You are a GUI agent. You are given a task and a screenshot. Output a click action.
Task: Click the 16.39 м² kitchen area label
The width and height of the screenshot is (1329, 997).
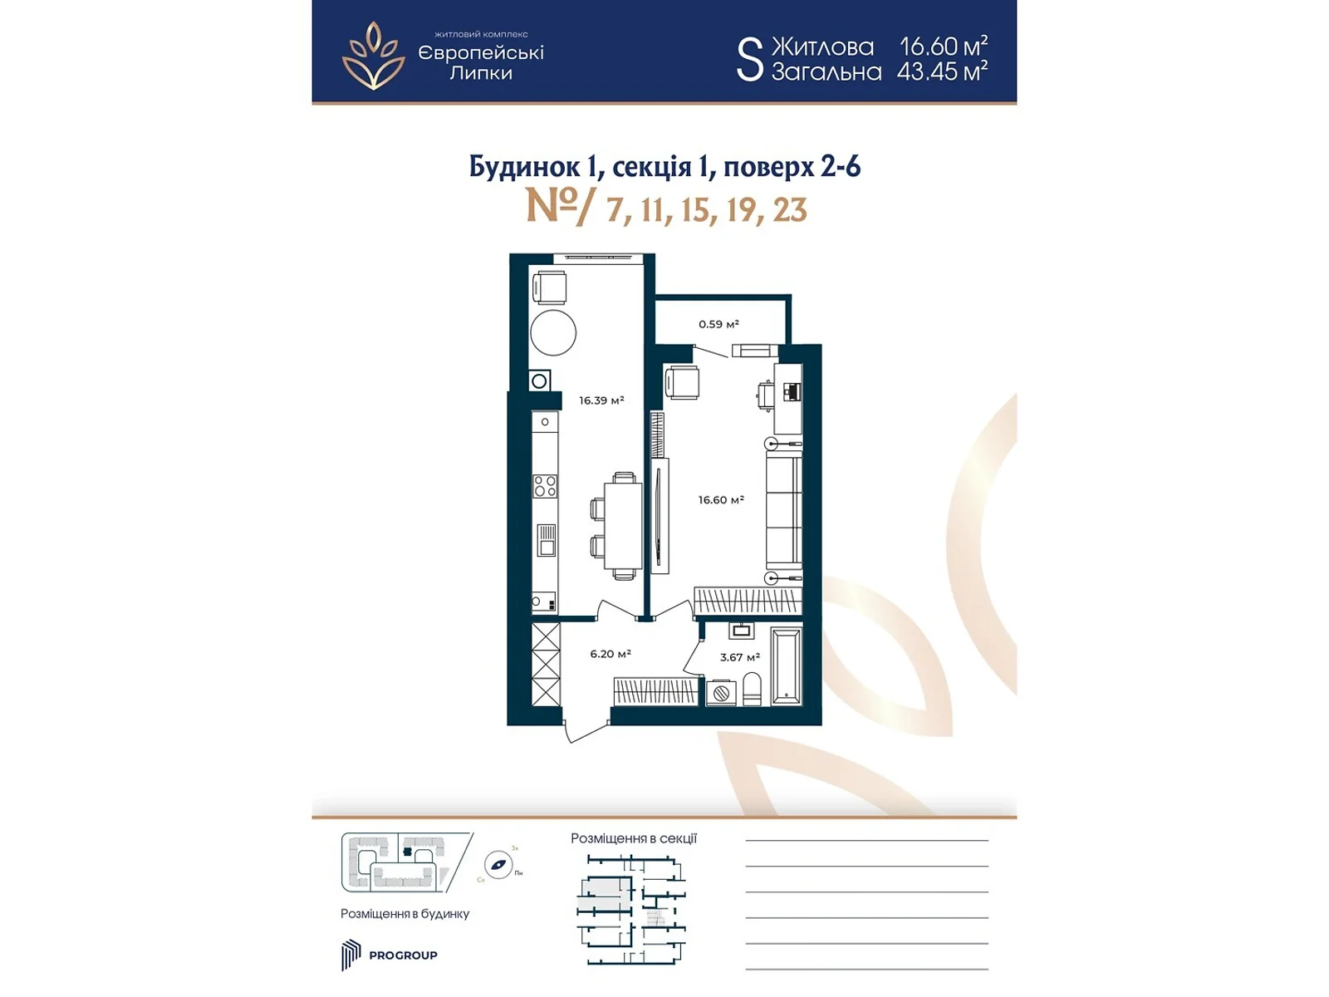601,400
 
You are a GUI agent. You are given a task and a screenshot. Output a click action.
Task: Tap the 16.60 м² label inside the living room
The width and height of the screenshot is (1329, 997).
720,500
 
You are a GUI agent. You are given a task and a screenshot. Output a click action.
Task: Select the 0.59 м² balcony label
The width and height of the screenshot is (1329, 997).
718,324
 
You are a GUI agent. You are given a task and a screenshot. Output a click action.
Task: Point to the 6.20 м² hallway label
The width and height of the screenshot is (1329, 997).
611,654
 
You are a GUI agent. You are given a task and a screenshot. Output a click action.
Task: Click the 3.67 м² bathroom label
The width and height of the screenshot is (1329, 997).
739,657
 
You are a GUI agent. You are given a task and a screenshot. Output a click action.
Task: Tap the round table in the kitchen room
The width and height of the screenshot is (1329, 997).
553,332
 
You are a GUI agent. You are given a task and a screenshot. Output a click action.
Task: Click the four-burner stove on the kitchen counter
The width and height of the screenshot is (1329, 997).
545,486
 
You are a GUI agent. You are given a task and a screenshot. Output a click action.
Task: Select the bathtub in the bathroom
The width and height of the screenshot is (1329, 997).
786,667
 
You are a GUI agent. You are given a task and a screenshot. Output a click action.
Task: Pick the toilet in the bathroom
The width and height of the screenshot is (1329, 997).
752,690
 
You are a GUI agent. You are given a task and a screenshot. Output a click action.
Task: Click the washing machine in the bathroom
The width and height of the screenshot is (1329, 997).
720,692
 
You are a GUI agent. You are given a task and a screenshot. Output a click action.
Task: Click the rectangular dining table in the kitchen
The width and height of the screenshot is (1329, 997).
623,527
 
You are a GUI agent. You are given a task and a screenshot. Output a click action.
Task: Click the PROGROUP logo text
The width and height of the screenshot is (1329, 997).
403,955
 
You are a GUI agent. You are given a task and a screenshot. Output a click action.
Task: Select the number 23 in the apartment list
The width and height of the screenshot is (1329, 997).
790,209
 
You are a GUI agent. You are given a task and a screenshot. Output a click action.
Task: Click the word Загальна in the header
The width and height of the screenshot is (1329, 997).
826,72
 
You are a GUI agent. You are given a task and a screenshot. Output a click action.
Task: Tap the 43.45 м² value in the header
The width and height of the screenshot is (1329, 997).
942,71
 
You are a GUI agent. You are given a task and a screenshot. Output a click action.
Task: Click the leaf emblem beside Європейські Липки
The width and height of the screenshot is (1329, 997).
374,56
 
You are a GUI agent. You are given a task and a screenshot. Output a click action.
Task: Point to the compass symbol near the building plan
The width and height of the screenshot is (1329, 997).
498,865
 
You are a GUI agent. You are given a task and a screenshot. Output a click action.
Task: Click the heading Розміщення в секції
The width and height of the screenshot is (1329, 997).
633,838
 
